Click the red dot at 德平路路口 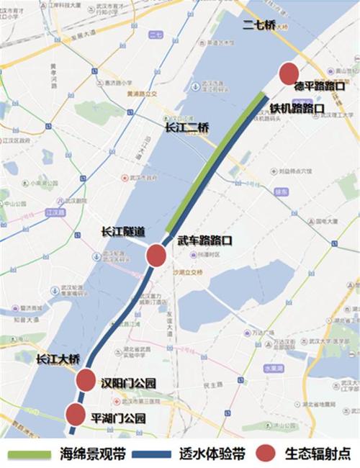[289, 73]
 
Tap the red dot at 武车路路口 [157, 256]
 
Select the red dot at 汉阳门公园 [86, 379]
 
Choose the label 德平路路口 [320, 85]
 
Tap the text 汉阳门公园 [129, 381]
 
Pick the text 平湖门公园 [120, 418]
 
